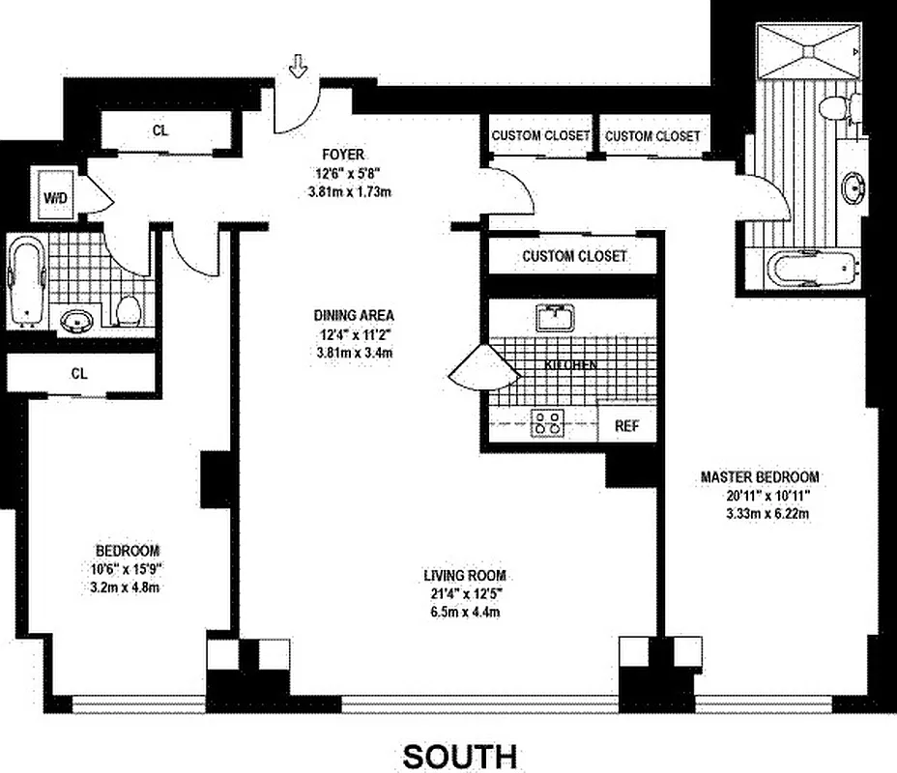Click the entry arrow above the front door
point(299,66)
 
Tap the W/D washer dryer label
point(54,197)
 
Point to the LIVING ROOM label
point(464,576)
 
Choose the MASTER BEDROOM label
point(760,476)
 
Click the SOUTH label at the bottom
point(459,755)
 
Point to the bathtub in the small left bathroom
point(27,278)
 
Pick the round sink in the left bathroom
point(73,320)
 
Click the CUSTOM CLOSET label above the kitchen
point(574,256)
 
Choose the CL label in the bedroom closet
point(81,372)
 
